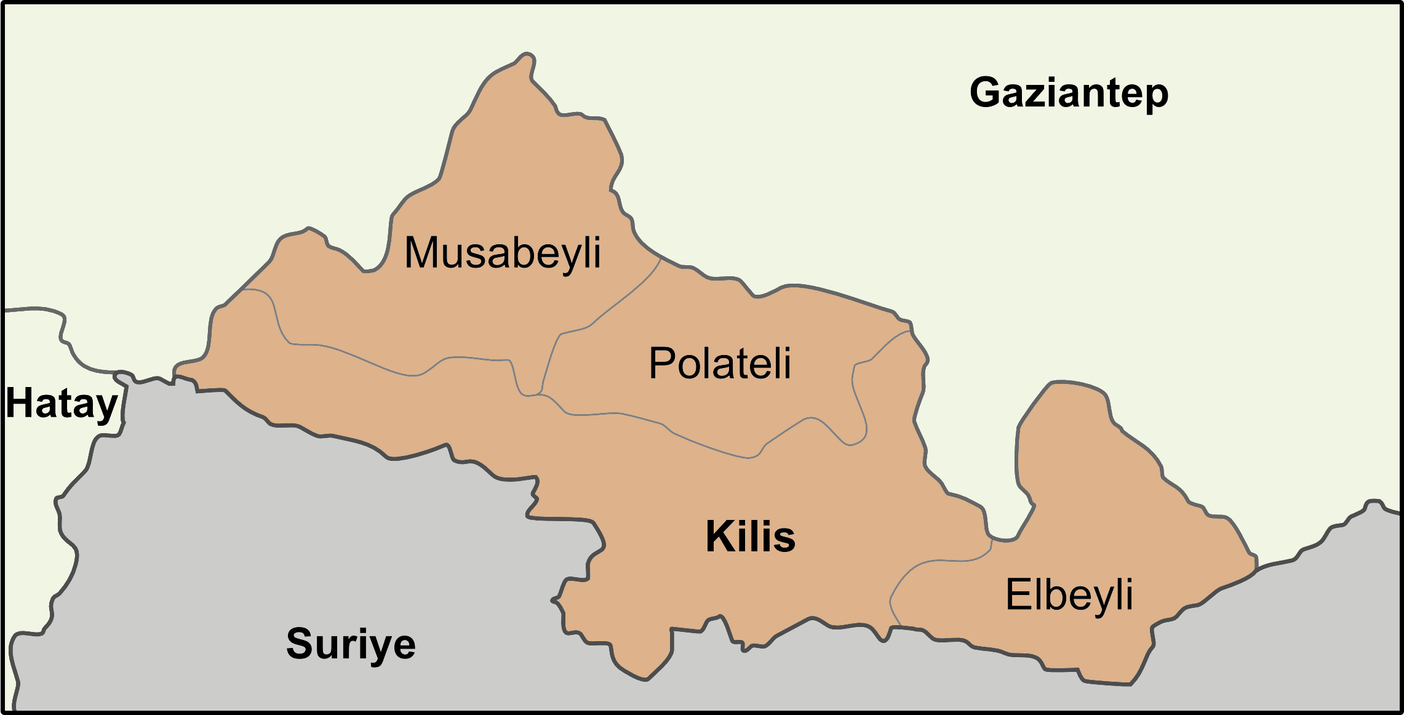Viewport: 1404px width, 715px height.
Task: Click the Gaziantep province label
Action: [1069, 92]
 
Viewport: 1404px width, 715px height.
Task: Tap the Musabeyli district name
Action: [502, 253]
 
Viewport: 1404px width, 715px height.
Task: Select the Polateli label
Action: [720, 363]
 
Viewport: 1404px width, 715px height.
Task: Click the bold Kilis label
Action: [750, 536]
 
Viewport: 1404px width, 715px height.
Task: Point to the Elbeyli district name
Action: [1069, 594]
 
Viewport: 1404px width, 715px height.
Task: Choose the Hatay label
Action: [62, 404]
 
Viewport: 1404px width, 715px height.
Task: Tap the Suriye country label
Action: [351, 644]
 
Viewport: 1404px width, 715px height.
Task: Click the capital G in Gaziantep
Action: [986, 92]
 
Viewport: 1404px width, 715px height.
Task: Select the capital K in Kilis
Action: [719, 536]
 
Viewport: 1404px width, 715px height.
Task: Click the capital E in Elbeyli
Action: [1017, 594]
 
